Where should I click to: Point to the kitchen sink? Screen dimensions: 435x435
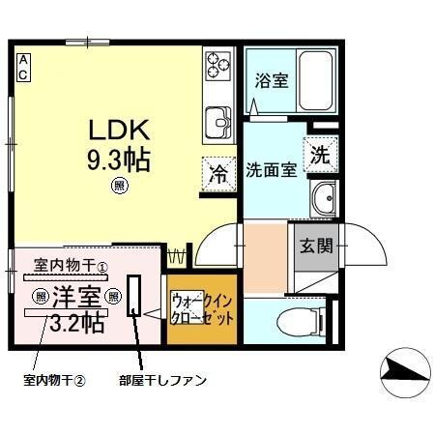click(217, 123)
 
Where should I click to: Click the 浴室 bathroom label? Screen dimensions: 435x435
click(269, 80)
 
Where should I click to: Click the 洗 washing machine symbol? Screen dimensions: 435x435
click(319, 153)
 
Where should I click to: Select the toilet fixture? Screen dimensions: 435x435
click(299, 321)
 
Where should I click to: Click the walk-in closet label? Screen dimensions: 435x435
click(201, 308)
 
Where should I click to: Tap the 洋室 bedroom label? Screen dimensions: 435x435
click(77, 296)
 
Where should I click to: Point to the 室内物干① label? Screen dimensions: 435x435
click(71, 264)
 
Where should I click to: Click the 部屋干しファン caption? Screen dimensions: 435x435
click(161, 380)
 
